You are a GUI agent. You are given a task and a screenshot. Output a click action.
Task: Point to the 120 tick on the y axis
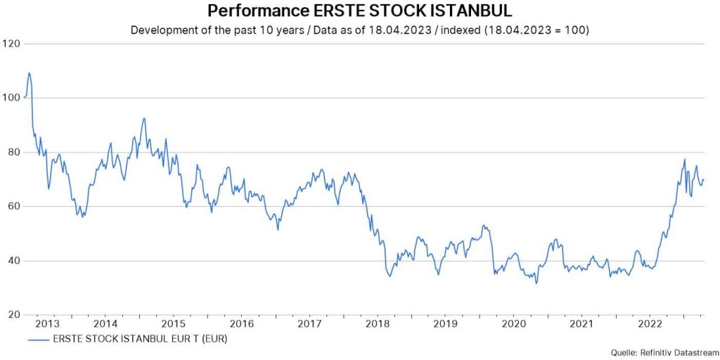pyautogui.click(x=11, y=44)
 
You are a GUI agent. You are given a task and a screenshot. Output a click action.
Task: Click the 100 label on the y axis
pyautogui.click(x=11, y=98)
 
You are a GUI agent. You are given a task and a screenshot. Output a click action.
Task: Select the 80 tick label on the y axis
pyautogui.click(x=13, y=152)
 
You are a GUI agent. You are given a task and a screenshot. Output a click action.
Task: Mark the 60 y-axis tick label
pyautogui.click(x=13, y=206)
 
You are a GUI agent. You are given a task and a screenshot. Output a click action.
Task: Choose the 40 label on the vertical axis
pyautogui.click(x=13, y=260)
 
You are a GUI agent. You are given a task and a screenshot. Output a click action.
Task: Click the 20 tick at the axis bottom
pyautogui.click(x=13, y=314)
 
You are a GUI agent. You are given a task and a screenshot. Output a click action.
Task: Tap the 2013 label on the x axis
pyautogui.click(x=47, y=324)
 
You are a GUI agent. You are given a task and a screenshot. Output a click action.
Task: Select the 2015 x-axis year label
pyautogui.click(x=174, y=324)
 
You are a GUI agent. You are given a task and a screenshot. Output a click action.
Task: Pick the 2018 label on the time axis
pyautogui.click(x=378, y=324)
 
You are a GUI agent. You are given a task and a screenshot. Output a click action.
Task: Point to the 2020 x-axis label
pyautogui.click(x=513, y=324)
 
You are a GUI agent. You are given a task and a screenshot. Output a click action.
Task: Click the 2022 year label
pyautogui.click(x=649, y=324)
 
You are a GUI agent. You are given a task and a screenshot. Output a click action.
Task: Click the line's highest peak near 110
pyautogui.click(x=29, y=72)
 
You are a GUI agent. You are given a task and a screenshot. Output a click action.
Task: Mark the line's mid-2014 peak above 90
pyautogui.click(x=143, y=118)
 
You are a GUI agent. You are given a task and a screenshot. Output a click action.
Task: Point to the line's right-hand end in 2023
pyautogui.click(x=703, y=179)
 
